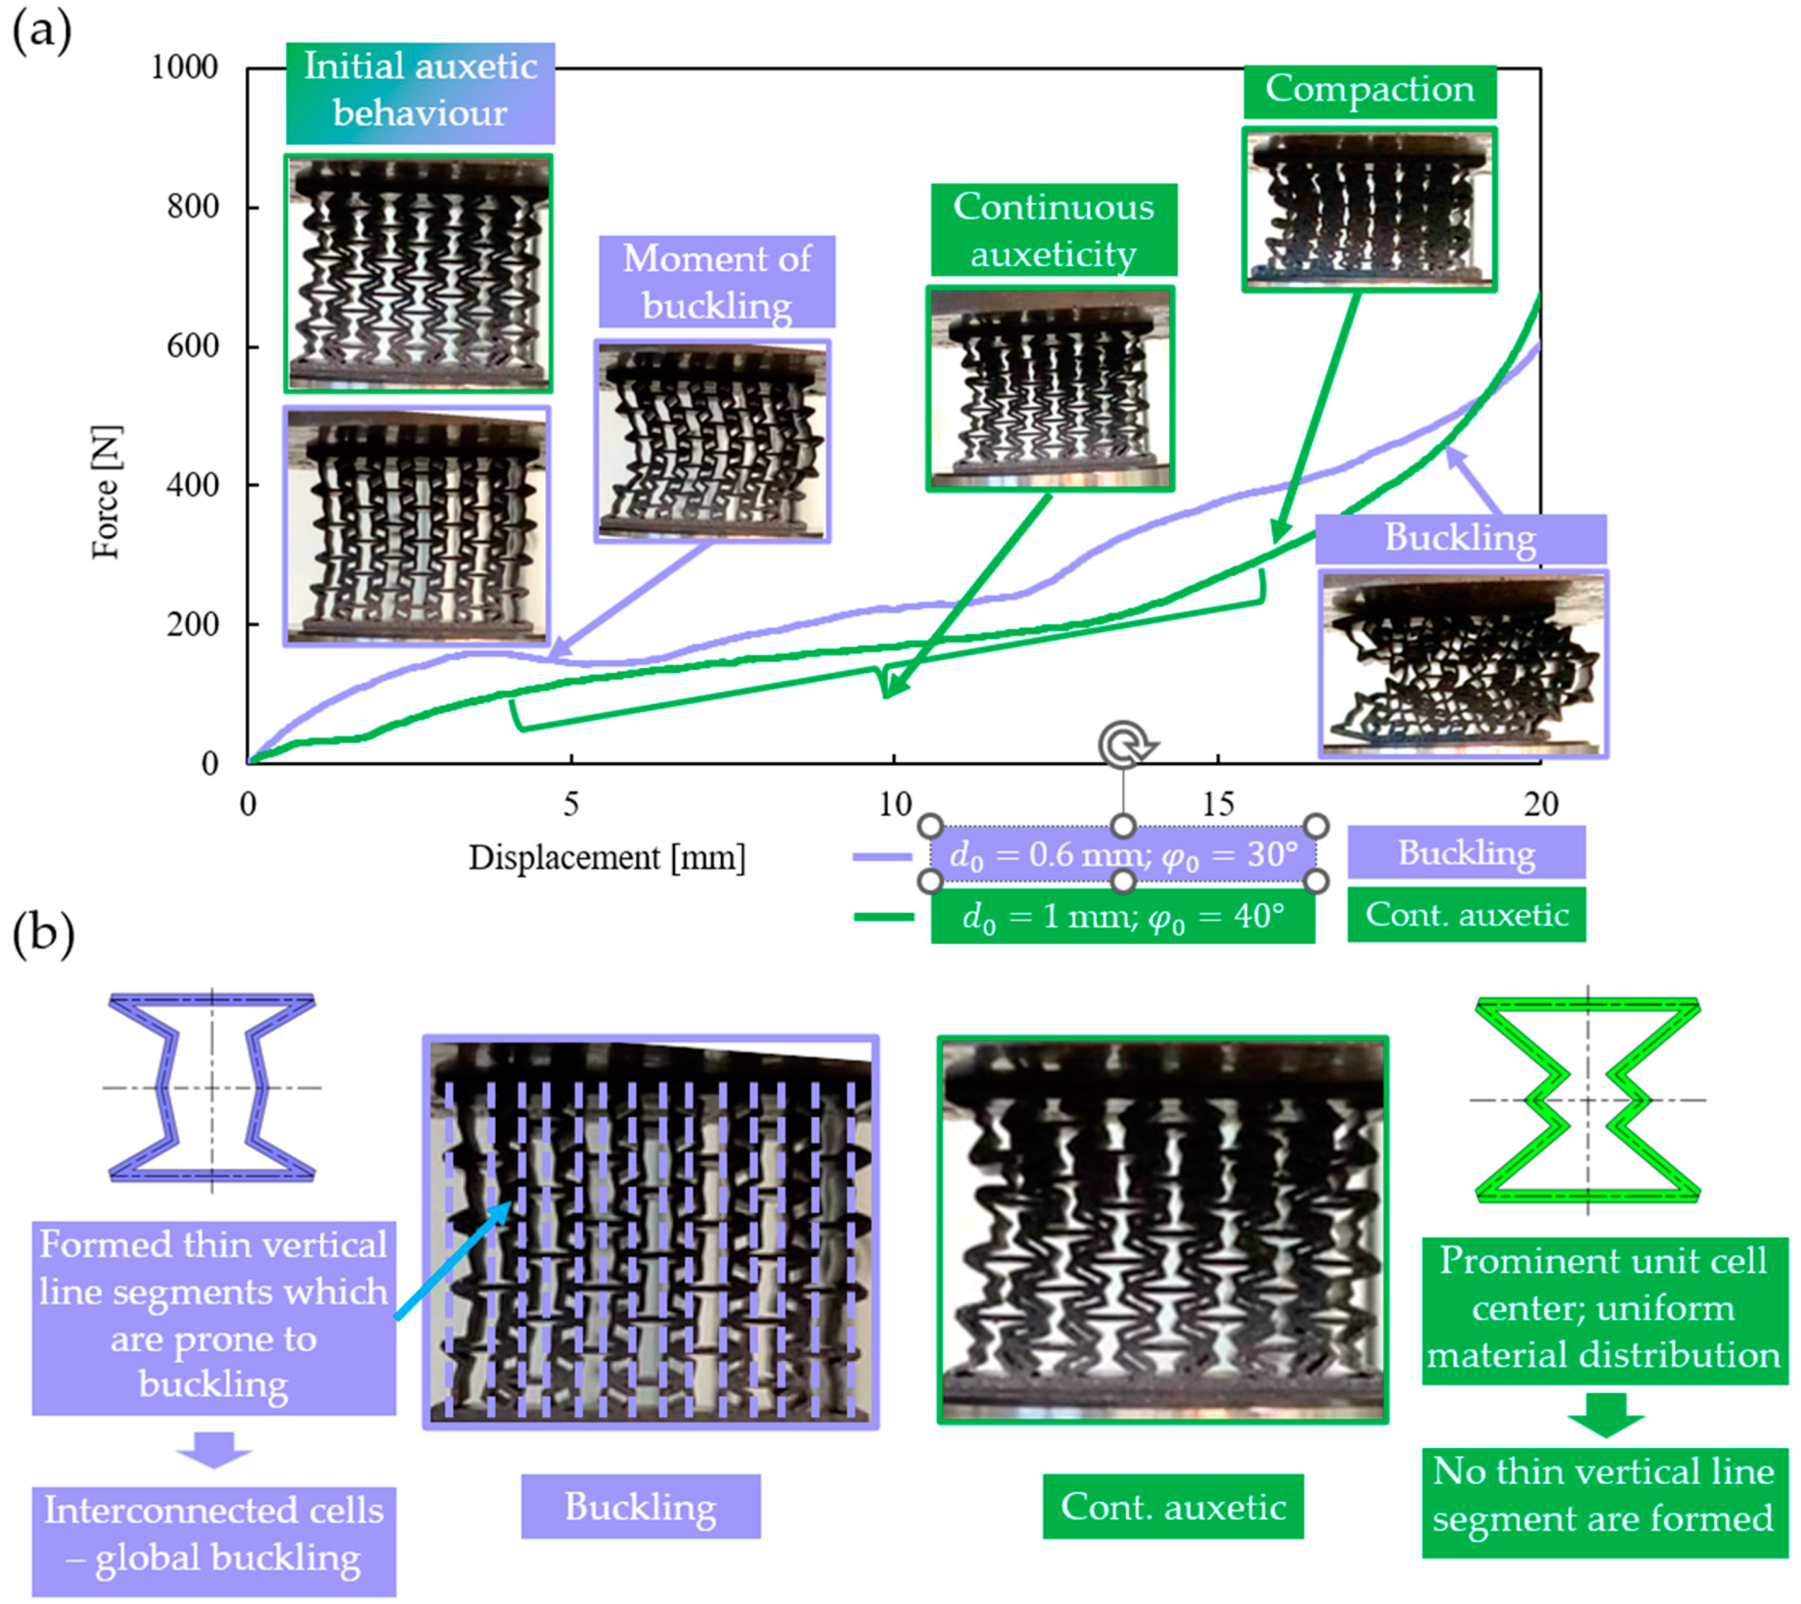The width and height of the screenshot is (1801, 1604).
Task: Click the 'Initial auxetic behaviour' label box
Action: click(421, 91)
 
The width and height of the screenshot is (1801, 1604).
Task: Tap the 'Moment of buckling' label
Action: click(716, 282)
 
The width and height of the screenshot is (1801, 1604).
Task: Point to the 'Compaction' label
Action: click(1369, 90)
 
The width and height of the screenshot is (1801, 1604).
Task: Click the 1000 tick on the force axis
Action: click(184, 67)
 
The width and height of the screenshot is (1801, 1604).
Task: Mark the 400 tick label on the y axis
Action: click(192, 485)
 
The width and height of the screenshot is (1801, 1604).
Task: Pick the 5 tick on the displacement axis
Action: click(571, 804)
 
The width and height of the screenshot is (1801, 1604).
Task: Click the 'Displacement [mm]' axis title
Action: click(607, 857)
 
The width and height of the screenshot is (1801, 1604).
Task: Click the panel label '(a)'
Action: click(40, 33)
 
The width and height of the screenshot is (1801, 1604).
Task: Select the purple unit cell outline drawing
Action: click(212, 1087)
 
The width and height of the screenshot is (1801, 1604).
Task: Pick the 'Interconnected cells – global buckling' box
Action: click(214, 1535)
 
